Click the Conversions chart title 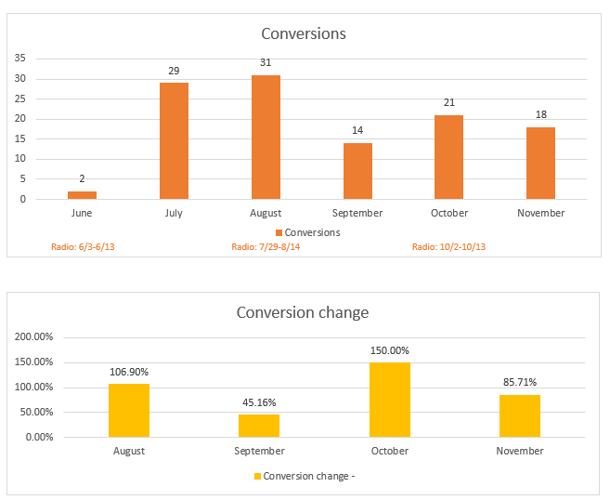click(x=304, y=33)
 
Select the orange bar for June click(x=82, y=195)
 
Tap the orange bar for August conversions click(x=266, y=138)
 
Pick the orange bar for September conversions click(x=357, y=171)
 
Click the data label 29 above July click(x=174, y=72)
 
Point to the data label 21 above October click(x=449, y=103)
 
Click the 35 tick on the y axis click(x=19, y=58)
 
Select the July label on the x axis click(x=174, y=213)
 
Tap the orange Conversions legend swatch click(x=279, y=232)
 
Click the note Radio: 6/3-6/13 click(x=82, y=247)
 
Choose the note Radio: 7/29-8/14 click(x=265, y=247)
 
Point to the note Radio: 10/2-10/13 click(x=449, y=247)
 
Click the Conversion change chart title click(x=303, y=313)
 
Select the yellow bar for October click(x=390, y=400)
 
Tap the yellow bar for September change click(x=259, y=426)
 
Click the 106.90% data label click(x=128, y=372)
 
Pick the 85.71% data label click(x=520, y=382)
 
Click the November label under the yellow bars click(x=520, y=451)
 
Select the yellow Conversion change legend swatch click(x=257, y=477)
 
